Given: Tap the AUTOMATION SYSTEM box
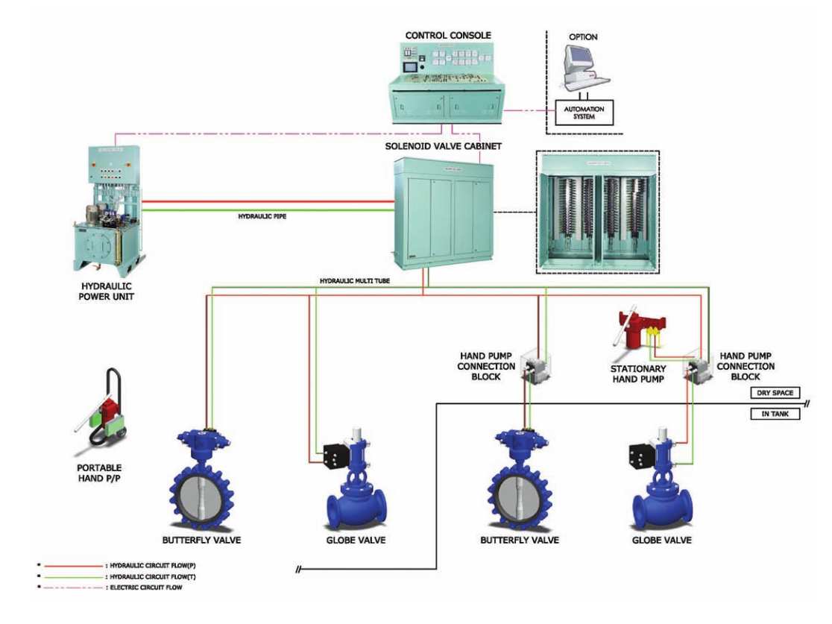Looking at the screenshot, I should click(584, 112).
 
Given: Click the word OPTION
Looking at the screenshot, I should click(584, 37).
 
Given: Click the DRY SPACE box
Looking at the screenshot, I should click(775, 393).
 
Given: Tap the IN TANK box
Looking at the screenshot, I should click(775, 414).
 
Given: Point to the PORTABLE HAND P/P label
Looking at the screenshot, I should click(103, 471).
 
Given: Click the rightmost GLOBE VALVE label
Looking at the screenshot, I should click(662, 539).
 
